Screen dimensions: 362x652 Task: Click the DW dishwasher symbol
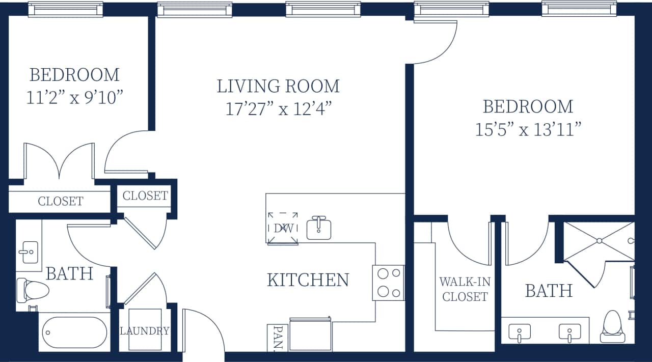pyautogui.click(x=283, y=228)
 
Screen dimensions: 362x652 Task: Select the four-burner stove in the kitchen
pyautogui.click(x=389, y=283)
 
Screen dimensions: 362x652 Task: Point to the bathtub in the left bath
pyautogui.click(x=75, y=332)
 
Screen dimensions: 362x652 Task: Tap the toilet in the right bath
pyautogui.click(x=613, y=326)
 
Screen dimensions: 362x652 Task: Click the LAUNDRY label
pyautogui.click(x=145, y=331)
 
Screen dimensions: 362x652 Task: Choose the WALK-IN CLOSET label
pyautogui.click(x=465, y=289)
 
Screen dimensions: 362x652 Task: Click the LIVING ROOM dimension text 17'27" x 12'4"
pyautogui.click(x=279, y=109)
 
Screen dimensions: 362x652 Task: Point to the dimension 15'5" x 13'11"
pyautogui.click(x=528, y=130)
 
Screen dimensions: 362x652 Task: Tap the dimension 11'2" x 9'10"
pyautogui.click(x=74, y=98)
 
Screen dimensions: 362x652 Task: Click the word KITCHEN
pyautogui.click(x=308, y=280)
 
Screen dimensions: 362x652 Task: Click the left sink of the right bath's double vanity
pyautogui.click(x=519, y=333)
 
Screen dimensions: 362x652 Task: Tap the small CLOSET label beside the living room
pyautogui.click(x=145, y=196)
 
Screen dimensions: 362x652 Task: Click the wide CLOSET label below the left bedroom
pyautogui.click(x=60, y=201)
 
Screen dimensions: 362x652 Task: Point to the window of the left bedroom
pyautogui.click(x=66, y=9)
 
